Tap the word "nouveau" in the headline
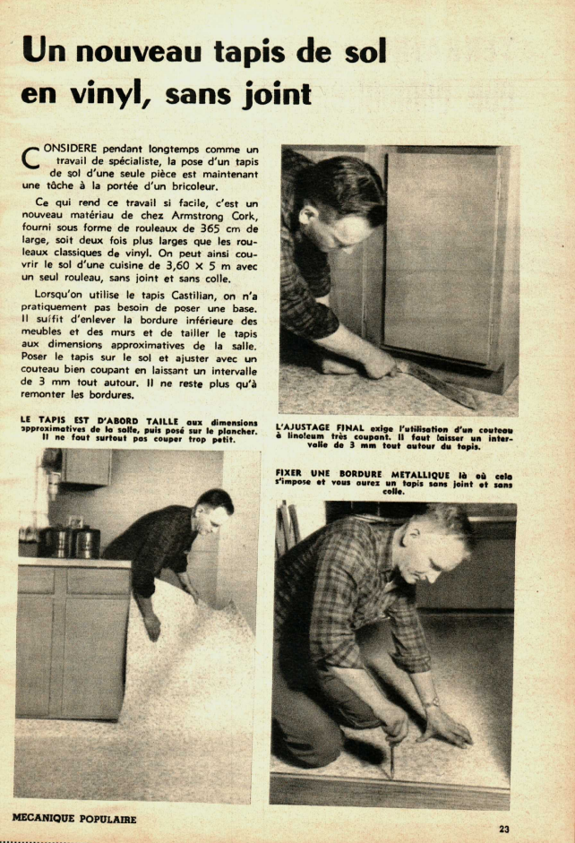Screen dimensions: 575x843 (x=139, y=52)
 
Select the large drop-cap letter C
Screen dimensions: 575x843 (x=30, y=157)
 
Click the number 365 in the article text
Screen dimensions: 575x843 (x=203, y=228)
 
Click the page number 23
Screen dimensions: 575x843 (x=503, y=829)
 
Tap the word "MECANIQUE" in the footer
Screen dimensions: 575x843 (x=44, y=818)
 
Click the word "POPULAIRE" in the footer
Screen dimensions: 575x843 (x=108, y=819)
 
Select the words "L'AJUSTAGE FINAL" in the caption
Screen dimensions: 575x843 (x=321, y=428)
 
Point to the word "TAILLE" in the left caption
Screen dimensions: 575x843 (x=162, y=421)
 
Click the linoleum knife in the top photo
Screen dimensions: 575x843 (x=436, y=383)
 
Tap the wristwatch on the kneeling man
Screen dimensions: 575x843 (x=431, y=702)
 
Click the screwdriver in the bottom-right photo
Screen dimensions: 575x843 (x=391, y=756)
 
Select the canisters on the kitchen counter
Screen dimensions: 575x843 (x=69, y=541)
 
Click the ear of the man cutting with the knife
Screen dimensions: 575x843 (x=308, y=214)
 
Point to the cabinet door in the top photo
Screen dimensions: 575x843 (x=440, y=257)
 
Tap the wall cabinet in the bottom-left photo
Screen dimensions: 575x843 (x=86, y=467)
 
